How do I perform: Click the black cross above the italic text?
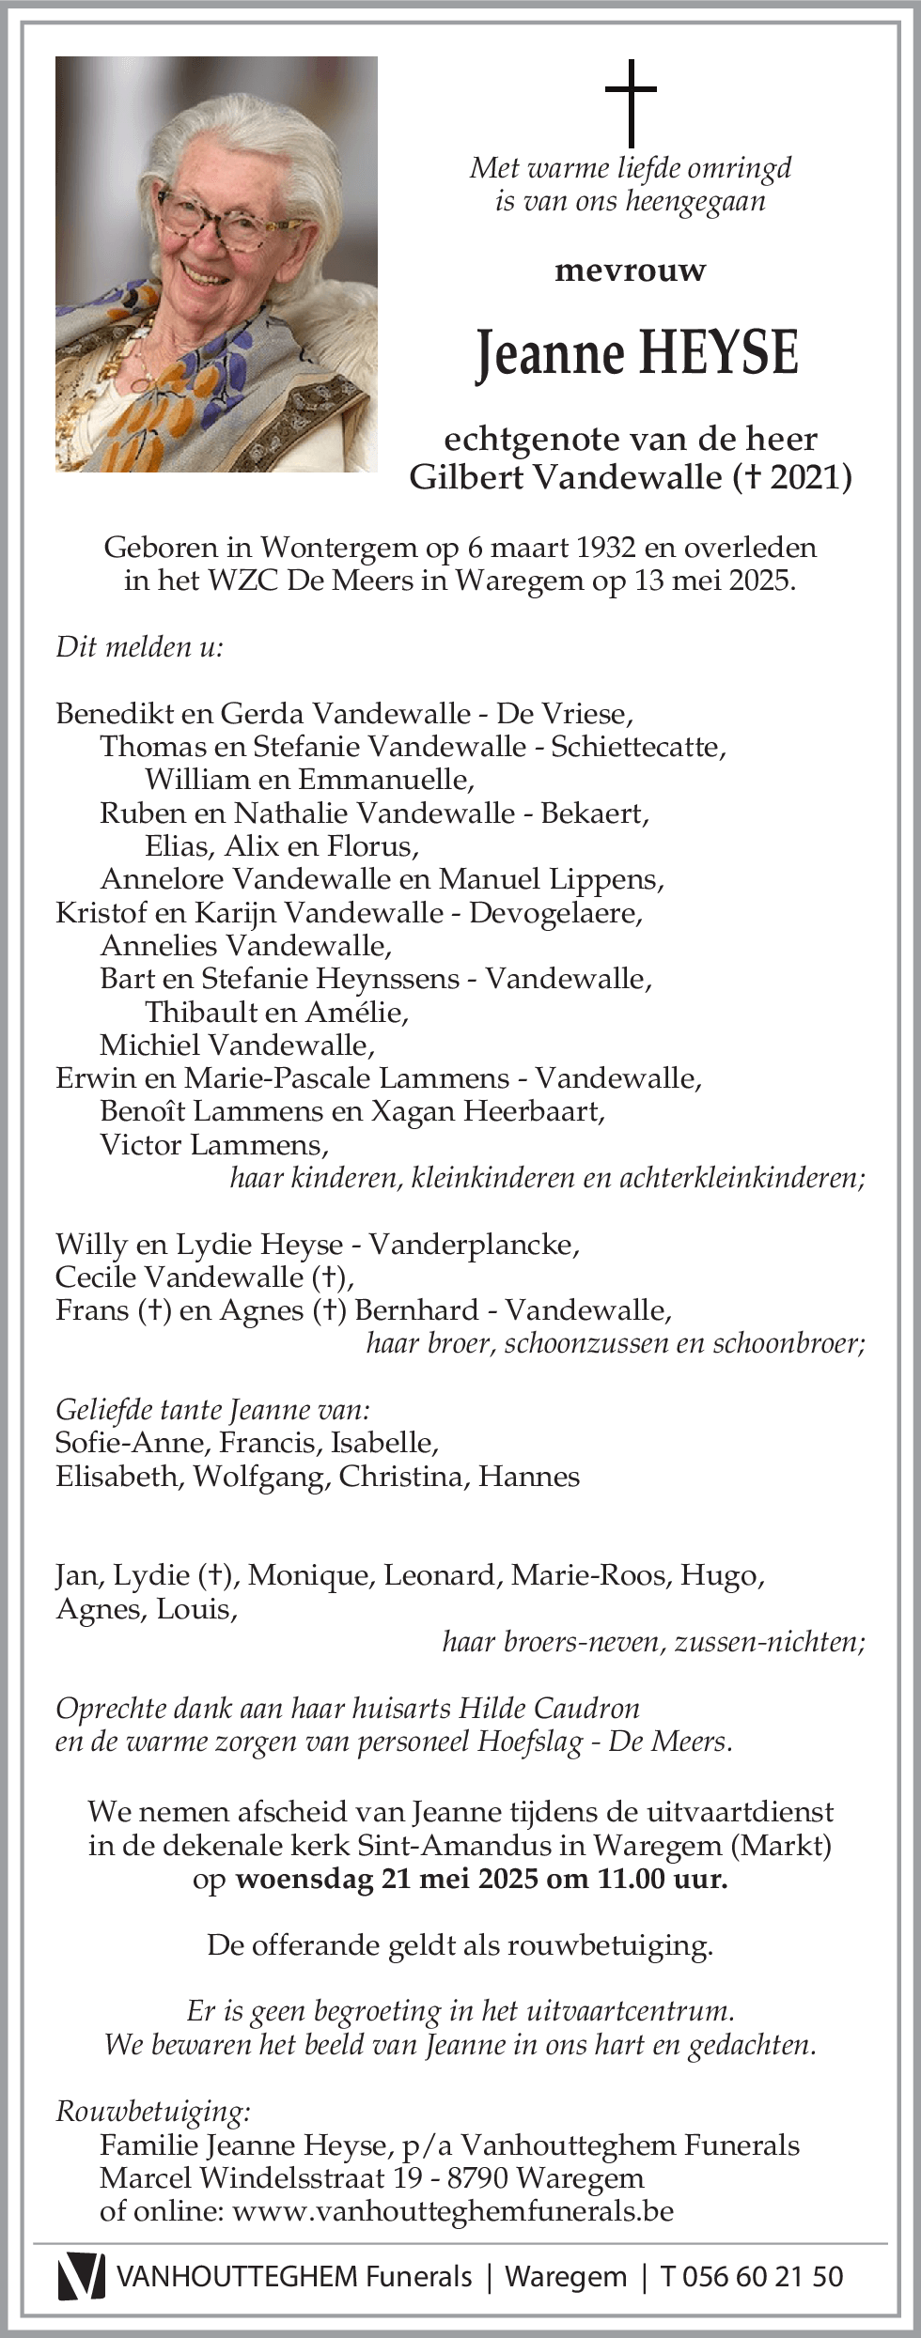tap(631, 101)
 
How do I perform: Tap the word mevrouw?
tap(631, 271)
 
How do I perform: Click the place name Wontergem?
tap(339, 548)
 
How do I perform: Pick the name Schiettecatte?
tap(635, 747)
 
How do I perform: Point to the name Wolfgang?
tap(259, 1477)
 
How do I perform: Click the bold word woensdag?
tap(304, 1879)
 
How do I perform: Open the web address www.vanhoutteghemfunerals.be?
tap(453, 2210)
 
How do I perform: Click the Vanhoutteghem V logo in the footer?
tap(81, 2276)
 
